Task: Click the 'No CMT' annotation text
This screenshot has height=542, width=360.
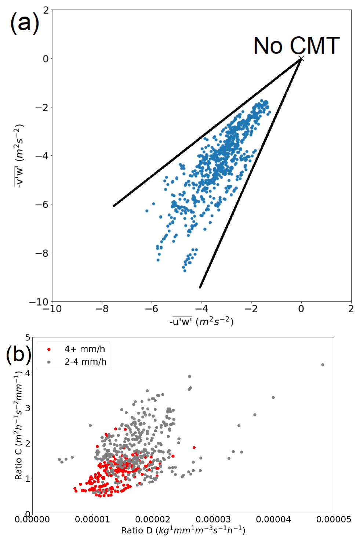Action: (297, 46)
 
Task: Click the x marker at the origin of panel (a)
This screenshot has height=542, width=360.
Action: (301, 59)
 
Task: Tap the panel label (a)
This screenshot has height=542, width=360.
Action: (24, 23)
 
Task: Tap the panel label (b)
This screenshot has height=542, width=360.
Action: (18, 354)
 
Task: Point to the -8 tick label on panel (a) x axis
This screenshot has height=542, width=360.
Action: (102, 309)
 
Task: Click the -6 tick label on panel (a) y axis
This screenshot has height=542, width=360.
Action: (41, 205)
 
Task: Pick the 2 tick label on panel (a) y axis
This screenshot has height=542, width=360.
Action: (46, 10)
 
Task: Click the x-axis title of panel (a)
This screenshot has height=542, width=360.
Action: (201, 322)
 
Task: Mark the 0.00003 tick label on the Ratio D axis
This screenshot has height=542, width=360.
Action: (213, 520)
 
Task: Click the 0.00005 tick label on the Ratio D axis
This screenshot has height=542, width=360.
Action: (334, 520)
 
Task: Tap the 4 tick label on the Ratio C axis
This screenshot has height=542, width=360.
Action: (28, 373)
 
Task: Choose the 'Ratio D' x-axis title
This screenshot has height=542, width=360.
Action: (183, 531)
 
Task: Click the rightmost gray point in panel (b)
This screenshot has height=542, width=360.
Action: (323, 365)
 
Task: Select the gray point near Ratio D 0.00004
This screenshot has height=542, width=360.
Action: (273, 397)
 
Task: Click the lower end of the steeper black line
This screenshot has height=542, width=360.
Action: (200, 287)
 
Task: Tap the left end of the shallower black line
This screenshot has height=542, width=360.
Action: (114, 206)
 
